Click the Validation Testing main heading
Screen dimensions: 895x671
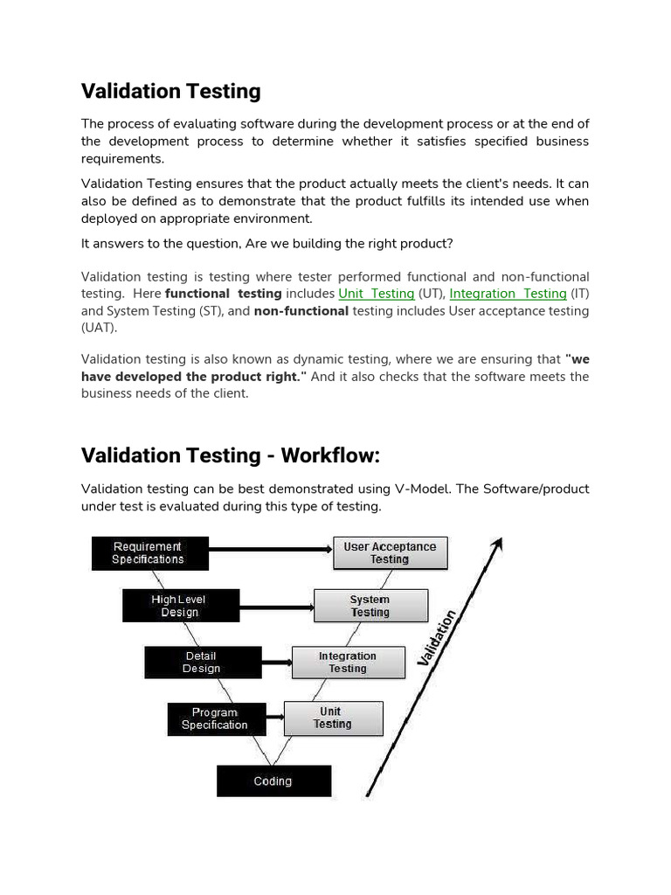(171, 91)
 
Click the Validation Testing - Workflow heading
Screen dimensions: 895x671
(231, 455)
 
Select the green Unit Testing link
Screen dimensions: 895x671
(377, 294)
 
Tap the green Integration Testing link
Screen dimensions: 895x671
(508, 294)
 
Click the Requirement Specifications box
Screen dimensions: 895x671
(149, 553)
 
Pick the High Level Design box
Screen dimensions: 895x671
(181, 606)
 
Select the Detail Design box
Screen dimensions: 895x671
(202, 663)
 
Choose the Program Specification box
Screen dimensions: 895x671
(215, 718)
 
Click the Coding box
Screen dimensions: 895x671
(273, 781)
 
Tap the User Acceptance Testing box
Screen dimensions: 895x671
(390, 553)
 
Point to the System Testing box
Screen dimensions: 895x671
(370, 606)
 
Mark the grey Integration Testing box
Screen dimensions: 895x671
(348, 663)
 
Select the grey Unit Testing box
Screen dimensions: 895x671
(333, 718)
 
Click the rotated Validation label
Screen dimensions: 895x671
(439, 638)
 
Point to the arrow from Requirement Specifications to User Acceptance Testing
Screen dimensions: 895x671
(271, 550)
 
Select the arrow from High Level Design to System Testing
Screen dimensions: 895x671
(275, 606)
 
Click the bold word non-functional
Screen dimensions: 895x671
(301, 311)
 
